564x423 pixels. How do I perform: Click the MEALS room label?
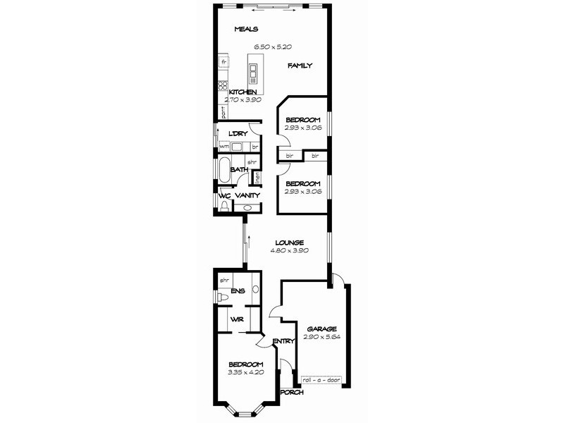pos(247,29)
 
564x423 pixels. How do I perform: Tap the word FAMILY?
pos(300,66)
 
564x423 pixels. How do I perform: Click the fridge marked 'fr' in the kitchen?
pos(223,62)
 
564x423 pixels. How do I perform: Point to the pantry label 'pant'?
pos(223,111)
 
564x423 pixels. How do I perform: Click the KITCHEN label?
pos(242,92)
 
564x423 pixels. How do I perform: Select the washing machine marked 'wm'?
pos(224,147)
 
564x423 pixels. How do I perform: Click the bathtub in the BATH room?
pos(223,170)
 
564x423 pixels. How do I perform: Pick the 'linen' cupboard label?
pos(258,176)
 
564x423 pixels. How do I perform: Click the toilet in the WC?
pos(224,206)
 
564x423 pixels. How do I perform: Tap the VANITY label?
pos(247,195)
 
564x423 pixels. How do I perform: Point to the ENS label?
pos(237,290)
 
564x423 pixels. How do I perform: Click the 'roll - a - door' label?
pos(321,381)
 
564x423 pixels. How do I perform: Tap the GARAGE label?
pos(321,329)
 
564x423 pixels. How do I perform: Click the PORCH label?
pos(292,392)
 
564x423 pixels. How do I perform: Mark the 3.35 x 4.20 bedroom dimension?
pos(245,372)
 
